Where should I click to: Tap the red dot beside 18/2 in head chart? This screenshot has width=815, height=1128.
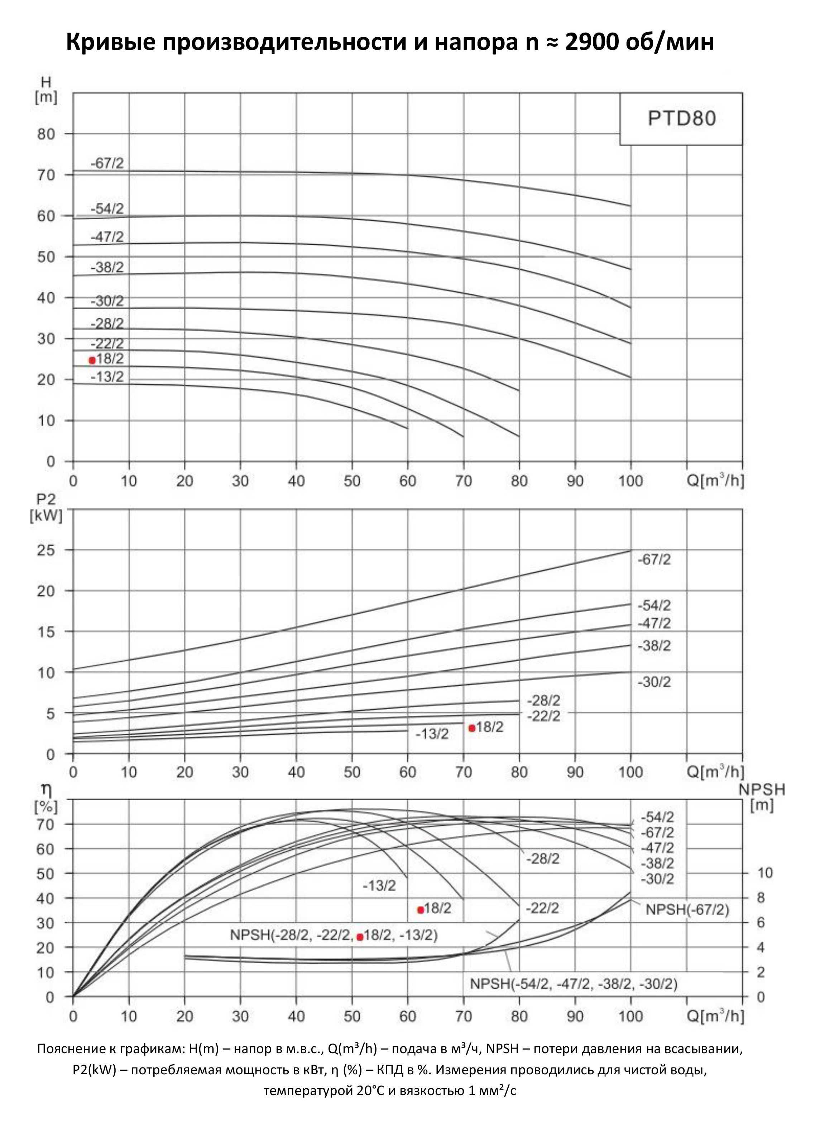pyautogui.click(x=92, y=360)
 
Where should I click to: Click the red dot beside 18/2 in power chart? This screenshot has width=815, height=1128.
pyautogui.click(x=472, y=728)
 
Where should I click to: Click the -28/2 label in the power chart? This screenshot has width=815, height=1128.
pyautogui.click(x=543, y=701)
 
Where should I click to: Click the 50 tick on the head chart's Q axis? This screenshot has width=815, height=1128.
pyautogui.click(x=352, y=481)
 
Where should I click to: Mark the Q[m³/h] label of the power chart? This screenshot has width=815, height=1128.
pyautogui.click(x=715, y=772)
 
